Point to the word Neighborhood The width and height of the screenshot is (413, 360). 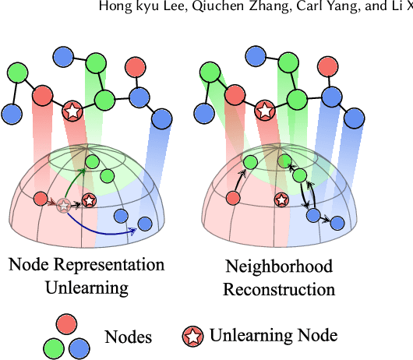coord(279,266)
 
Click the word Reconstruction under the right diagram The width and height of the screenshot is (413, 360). coord(279,289)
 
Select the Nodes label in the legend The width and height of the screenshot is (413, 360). coord(129,337)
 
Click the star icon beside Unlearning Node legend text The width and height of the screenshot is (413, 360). coord(193,336)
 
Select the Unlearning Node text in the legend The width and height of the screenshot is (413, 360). coord(273,336)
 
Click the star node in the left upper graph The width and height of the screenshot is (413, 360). coord(72,112)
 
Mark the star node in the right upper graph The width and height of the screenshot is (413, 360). coord(265,111)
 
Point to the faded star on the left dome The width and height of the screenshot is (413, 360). coord(63,206)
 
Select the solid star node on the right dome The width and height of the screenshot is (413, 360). coord(277,200)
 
